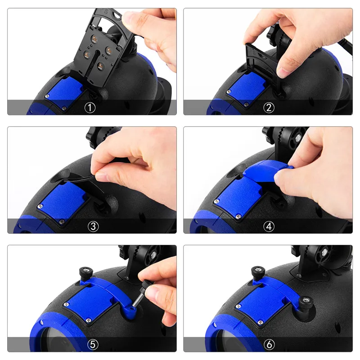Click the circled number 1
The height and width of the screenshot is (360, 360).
[x=92, y=108]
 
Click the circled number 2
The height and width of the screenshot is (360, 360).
[x=269, y=108]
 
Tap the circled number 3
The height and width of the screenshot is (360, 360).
[x=92, y=226]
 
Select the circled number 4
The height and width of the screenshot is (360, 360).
[x=269, y=226]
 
